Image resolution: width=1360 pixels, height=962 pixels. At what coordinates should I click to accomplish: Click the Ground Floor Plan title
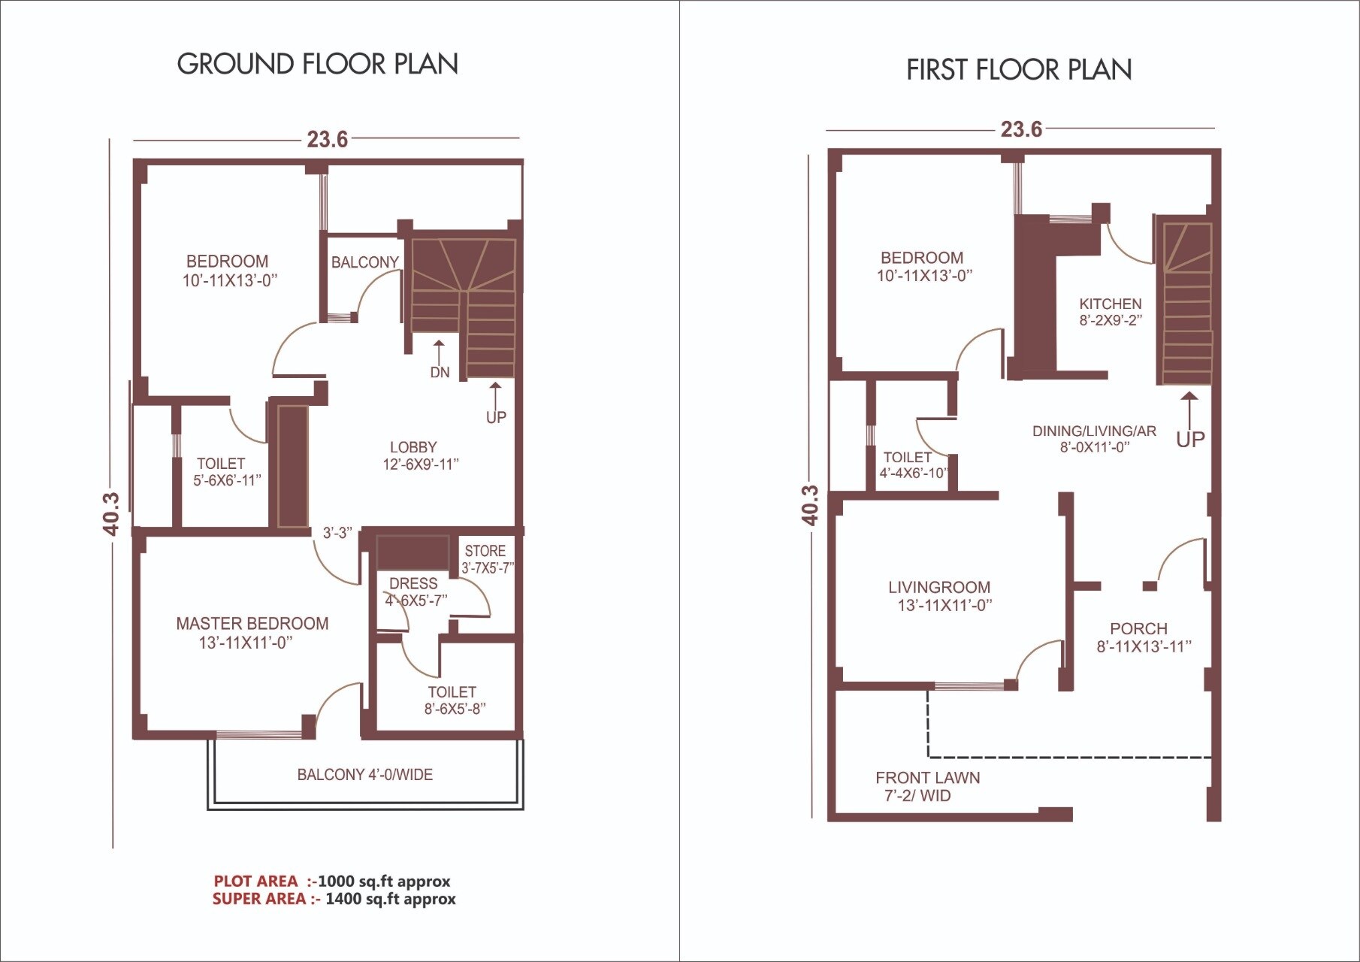click(317, 64)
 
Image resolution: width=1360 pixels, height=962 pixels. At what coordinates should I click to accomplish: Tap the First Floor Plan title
click(1018, 70)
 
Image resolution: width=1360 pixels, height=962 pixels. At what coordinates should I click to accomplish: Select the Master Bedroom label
click(252, 624)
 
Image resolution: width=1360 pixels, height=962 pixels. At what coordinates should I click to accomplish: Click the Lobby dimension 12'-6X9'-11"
click(420, 464)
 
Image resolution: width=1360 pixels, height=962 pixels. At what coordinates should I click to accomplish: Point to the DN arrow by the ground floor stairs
click(439, 353)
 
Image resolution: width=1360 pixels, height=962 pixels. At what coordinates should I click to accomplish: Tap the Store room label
click(485, 551)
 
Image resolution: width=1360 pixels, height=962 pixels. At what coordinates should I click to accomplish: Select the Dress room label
click(413, 584)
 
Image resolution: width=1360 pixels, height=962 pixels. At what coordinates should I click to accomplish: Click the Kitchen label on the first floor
click(1110, 304)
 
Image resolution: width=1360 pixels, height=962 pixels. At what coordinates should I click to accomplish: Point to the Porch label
click(1138, 629)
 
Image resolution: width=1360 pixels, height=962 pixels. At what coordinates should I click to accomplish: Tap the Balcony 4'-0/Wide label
click(364, 775)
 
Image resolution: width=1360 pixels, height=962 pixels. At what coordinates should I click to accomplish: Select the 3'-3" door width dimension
click(337, 533)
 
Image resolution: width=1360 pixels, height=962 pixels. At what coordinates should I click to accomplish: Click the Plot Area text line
click(331, 881)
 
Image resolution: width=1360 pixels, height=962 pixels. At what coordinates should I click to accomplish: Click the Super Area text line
click(334, 899)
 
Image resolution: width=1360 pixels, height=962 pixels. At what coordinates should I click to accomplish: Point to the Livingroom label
click(939, 588)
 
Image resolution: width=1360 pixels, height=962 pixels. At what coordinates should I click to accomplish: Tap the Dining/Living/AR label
click(1094, 431)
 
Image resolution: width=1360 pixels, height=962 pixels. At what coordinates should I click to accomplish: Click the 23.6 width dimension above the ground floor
click(327, 140)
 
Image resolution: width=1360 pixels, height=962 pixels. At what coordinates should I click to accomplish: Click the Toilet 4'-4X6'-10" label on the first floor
click(908, 458)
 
